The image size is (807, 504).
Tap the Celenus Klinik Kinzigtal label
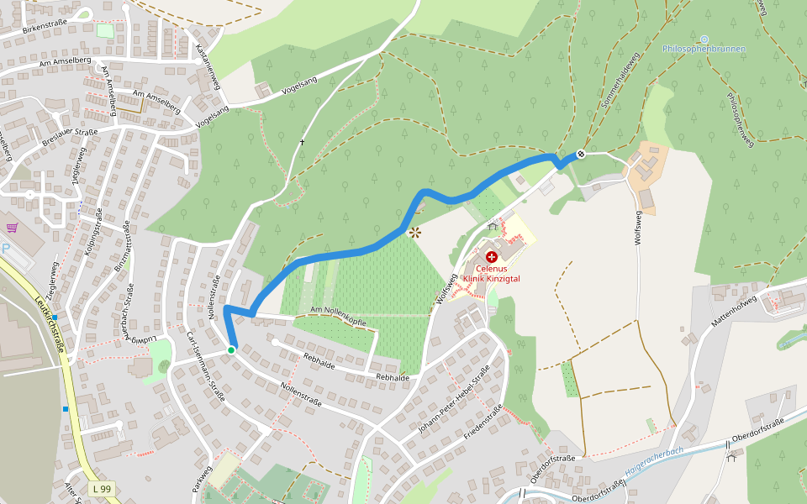[491, 273]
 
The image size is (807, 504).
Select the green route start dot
[231, 349]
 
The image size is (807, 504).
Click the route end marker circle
[580, 154]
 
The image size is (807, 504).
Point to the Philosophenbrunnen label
[704, 49]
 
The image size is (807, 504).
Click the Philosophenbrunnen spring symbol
[704, 39]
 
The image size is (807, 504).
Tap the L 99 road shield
[103, 489]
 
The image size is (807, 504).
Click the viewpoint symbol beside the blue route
[414, 232]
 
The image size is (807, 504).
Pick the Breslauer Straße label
[70, 137]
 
